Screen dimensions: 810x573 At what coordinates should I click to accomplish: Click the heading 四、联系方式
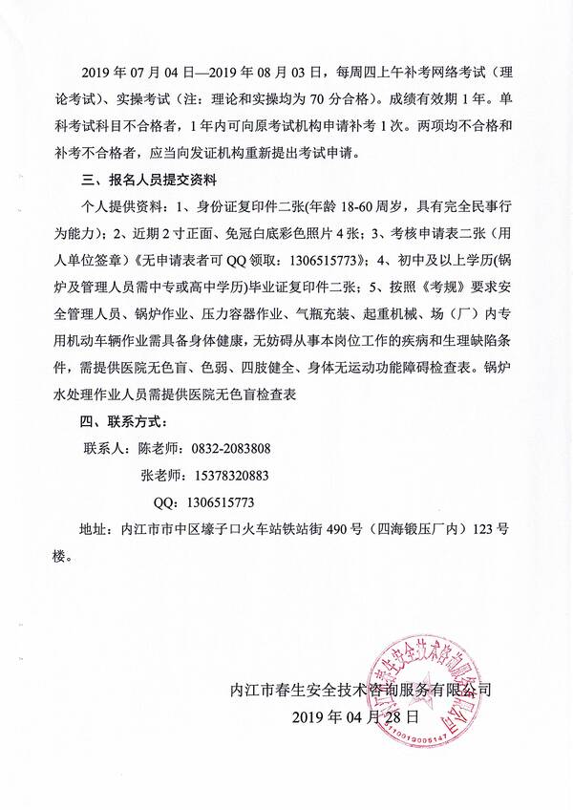pyautogui.click(x=127, y=420)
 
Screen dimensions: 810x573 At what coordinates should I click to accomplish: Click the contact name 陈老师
pyautogui.click(x=160, y=447)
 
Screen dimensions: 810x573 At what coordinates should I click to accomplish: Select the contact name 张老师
pyautogui.click(x=160, y=474)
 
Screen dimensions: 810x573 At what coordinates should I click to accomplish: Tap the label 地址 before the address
pyautogui.click(x=95, y=527)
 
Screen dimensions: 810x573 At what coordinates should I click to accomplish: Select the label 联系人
pyautogui.click(x=106, y=447)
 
